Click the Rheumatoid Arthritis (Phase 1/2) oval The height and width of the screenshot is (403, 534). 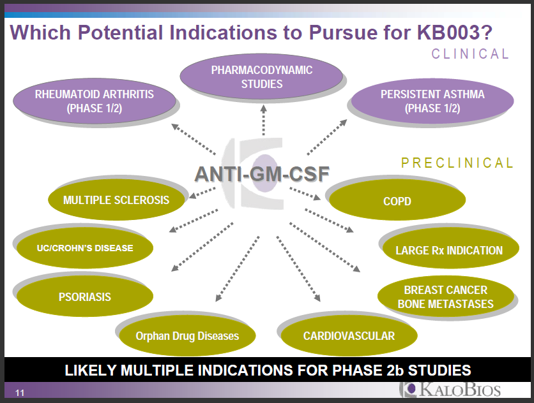(x=94, y=101)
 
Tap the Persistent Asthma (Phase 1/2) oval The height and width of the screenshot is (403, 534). (x=432, y=101)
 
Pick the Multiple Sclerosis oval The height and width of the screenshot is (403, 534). (x=116, y=200)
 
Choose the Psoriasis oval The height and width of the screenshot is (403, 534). (x=84, y=297)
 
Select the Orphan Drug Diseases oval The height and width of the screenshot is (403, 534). (x=187, y=335)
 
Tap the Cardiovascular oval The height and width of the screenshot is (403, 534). (x=349, y=335)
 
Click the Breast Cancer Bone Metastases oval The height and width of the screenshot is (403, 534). (x=445, y=297)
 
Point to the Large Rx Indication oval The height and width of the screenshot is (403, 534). (x=449, y=251)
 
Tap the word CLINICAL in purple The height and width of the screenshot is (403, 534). (x=470, y=54)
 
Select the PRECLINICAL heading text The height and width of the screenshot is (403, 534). (x=457, y=163)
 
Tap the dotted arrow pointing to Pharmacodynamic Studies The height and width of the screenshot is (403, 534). (x=263, y=121)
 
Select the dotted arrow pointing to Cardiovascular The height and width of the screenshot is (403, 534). (x=298, y=267)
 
